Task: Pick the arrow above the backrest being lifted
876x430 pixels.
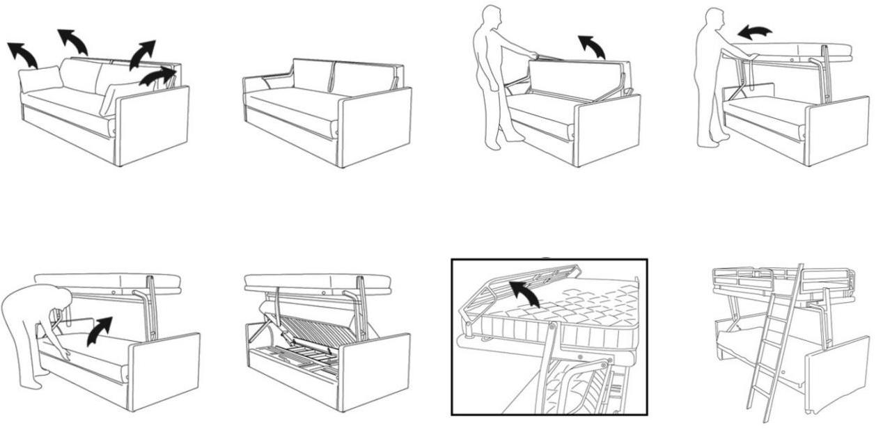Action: [x=593, y=47]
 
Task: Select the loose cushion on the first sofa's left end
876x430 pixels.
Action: [x=40, y=79]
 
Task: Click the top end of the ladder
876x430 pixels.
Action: [x=800, y=267]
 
